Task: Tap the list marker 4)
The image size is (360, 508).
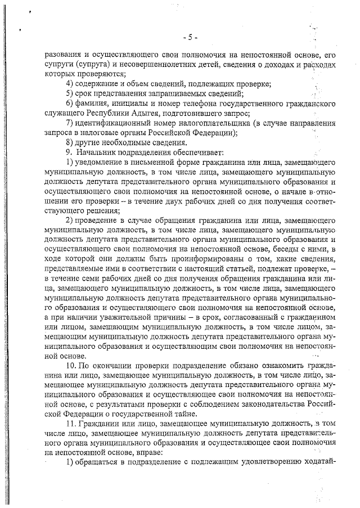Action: click(70, 84)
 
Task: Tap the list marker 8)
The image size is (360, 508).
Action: click(70, 142)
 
